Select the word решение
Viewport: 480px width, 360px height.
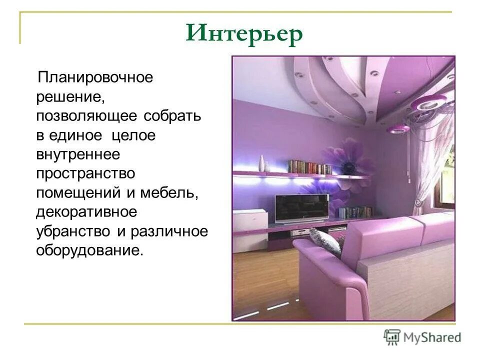(x=69, y=97)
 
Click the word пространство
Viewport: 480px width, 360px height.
(x=85, y=174)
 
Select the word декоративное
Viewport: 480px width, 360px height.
(x=85, y=212)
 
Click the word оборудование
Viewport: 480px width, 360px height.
(x=89, y=250)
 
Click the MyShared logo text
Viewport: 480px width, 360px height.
(x=433, y=337)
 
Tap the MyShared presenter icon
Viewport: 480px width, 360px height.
(x=392, y=337)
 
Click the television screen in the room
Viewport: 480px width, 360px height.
(x=302, y=208)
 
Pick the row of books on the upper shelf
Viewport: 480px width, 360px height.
(x=309, y=167)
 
